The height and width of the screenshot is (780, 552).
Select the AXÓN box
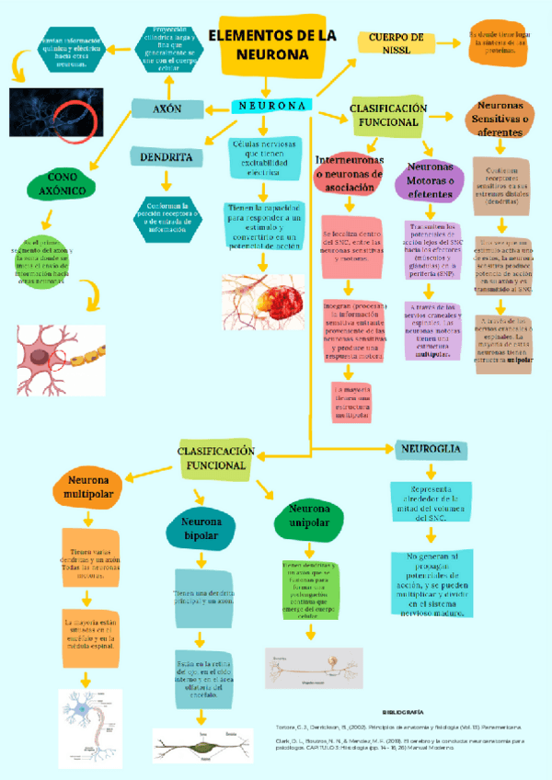point(167,109)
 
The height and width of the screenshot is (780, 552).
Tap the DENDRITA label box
point(167,157)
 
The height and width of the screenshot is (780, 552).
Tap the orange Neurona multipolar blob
point(87,488)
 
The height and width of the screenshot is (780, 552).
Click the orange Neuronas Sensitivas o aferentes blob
point(501,120)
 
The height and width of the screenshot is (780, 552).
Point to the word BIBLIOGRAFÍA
point(402,712)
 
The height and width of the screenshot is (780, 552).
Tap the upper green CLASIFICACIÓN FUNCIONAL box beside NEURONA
point(388,116)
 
